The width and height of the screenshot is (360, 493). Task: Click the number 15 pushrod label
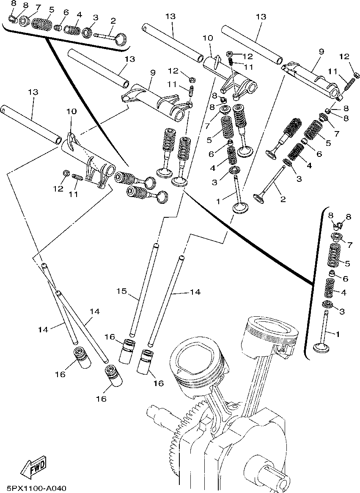[x=122, y=291]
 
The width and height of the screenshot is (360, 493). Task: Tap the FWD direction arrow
[x=34, y=465]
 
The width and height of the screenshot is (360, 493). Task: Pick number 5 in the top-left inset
[x=52, y=9]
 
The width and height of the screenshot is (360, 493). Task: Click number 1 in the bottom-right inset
[x=337, y=334]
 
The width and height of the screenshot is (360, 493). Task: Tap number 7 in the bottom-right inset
[x=349, y=245]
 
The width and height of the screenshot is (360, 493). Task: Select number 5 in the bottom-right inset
[x=347, y=263]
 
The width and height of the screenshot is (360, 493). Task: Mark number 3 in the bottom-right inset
[x=342, y=312]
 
